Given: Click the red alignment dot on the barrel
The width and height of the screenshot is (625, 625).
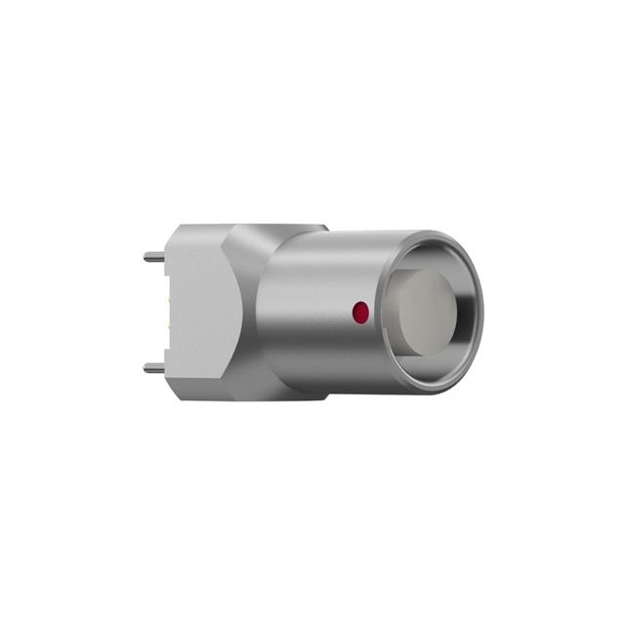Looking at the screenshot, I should [x=360, y=312].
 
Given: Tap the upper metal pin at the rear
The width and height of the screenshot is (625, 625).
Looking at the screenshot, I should [x=154, y=258].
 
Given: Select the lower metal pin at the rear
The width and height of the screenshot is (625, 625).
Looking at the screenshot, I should [x=154, y=368].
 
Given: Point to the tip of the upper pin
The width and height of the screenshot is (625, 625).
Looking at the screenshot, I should [x=146, y=258].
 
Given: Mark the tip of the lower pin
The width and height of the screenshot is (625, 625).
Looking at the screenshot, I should [x=146, y=368].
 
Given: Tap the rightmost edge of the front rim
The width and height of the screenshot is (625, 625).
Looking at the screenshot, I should [x=482, y=312].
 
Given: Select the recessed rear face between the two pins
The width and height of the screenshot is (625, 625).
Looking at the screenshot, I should [x=167, y=312].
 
